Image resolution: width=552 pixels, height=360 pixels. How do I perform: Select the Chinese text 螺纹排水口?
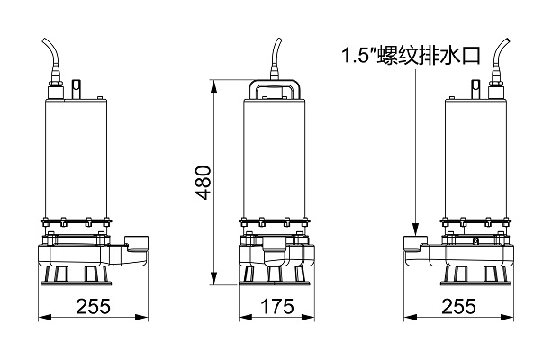click(x=435, y=57)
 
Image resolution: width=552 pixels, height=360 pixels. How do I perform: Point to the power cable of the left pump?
click(x=51, y=59)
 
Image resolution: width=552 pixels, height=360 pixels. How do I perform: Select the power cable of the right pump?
click(x=499, y=59)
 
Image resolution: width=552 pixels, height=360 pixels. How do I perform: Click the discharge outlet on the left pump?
click(x=138, y=244)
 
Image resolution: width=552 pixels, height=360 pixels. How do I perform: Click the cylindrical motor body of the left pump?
click(x=75, y=153)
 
